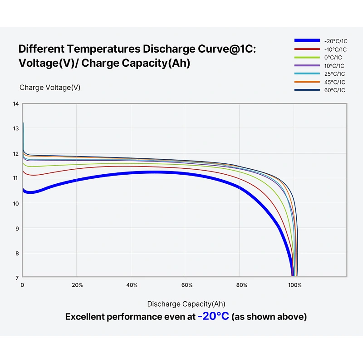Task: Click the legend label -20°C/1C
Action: pos(336,41)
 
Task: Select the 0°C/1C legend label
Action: pos(333,58)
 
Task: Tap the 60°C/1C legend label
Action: pos(334,90)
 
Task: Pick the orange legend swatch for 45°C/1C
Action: pos(307,82)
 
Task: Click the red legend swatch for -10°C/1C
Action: pos(307,49)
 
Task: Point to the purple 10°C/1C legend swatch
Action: pos(307,65)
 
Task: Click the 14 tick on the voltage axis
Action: pos(16,104)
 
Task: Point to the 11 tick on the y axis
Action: pos(16,178)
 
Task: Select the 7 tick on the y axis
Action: pos(17,278)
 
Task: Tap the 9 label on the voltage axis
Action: pos(17,229)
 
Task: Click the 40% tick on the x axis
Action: pos(132,285)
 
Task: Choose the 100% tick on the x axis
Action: pos(294,285)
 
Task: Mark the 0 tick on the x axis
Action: pos(22,285)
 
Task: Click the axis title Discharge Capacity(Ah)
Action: pos(186,304)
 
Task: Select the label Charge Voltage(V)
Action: pos(50,88)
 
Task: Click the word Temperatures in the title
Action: pos(103,49)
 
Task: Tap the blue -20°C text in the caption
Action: pos(213,316)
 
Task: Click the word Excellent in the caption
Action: pos(85,317)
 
